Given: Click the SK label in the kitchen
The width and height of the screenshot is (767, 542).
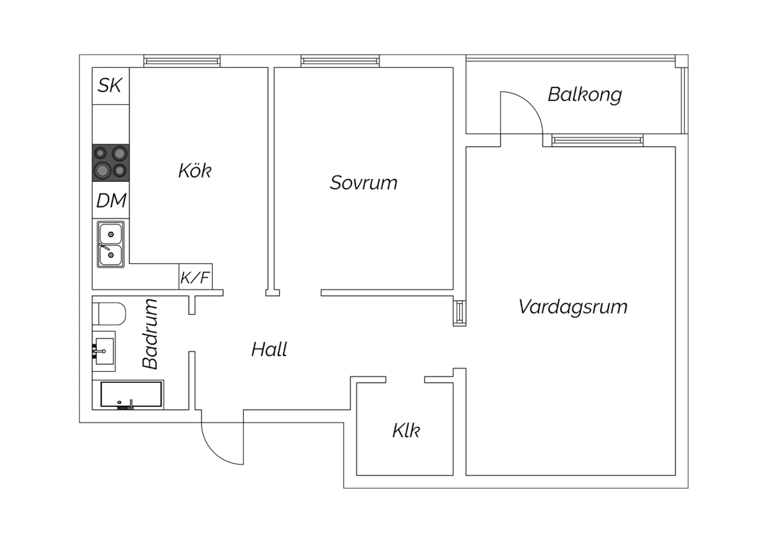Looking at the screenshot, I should [x=110, y=85].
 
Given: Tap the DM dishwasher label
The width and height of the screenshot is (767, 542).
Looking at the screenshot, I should [x=111, y=200].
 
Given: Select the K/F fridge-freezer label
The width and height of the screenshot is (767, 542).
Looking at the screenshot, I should [x=195, y=277].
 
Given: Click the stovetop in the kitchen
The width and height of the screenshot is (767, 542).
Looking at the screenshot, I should [x=110, y=163].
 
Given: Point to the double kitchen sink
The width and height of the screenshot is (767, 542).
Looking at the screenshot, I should [x=111, y=244].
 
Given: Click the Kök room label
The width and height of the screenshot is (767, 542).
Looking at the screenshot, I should [x=194, y=170].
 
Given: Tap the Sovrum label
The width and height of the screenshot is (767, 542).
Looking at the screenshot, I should [x=363, y=183].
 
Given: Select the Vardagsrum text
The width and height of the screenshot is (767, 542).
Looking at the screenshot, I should [x=573, y=307].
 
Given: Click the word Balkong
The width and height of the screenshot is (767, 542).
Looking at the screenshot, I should [x=584, y=95].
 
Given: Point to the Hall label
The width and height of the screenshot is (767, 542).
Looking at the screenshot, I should [x=269, y=350].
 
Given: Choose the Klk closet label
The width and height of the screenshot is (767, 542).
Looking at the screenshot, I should [x=406, y=431].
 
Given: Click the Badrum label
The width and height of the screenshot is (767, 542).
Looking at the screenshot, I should [x=150, y=333].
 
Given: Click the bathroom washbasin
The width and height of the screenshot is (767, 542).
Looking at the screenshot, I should [x=104, y=351].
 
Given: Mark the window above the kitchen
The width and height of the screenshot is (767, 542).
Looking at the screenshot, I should [x=182, y=61].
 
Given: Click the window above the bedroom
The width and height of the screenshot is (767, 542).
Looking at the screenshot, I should [x=340, y=61].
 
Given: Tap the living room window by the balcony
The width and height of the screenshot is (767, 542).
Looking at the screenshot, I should [x=597, y=140].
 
